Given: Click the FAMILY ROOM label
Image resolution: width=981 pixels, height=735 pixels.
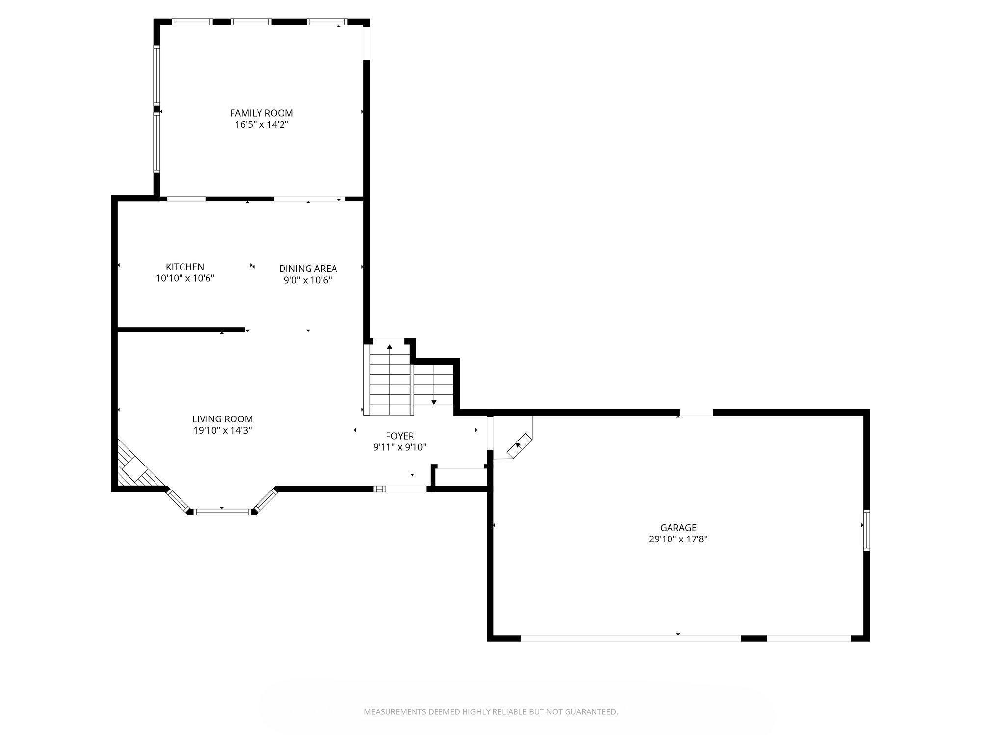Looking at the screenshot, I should click(261, 113).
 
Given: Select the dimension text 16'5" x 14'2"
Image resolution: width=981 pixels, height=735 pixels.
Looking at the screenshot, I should click(261, 125).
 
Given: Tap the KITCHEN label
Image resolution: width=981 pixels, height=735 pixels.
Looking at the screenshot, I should click(185, 267).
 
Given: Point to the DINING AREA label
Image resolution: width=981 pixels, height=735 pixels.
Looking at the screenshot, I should click(308, 269).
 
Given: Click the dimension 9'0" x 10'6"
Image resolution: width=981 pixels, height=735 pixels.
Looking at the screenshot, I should click(308, 280).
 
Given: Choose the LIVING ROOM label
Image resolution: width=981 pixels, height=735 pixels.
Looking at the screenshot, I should click(222, 419).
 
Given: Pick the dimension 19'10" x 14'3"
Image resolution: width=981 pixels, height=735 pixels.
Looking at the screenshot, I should click(222, 431).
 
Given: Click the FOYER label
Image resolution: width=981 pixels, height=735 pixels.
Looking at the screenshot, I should click(400, 436).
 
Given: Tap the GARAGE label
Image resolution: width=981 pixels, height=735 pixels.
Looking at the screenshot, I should click(678, 528).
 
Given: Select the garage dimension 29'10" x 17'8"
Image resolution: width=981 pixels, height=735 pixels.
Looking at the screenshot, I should click(678, 539).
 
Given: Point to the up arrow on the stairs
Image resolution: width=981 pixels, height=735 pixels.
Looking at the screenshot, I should click(390, 347).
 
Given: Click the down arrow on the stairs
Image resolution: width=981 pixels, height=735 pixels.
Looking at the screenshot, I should click(434, 402).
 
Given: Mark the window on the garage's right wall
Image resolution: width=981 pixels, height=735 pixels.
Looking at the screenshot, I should click(867, 530).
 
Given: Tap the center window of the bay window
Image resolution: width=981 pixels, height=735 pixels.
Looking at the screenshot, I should click(222, 512).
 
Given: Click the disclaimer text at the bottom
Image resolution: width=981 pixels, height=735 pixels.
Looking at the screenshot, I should click(490, 712).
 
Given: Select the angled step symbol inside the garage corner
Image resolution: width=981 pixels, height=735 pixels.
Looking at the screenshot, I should click(518, 445).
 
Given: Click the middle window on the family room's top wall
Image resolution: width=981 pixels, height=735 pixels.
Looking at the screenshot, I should click(251, 22).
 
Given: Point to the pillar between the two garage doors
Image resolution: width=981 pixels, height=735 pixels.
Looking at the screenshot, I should click(753, 638).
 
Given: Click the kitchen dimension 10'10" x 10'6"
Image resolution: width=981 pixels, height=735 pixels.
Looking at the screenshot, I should click(185, 279).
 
